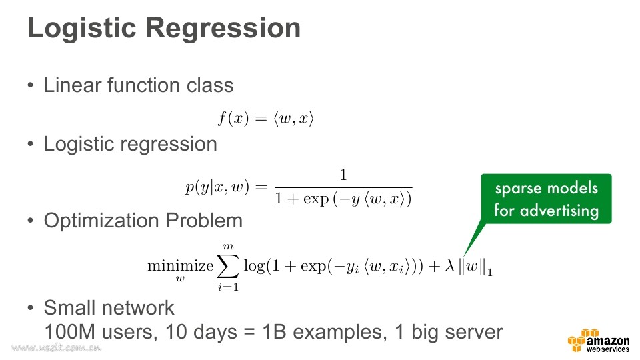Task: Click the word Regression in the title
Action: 223,29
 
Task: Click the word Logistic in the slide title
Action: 81,28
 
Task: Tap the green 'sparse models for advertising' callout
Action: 546,199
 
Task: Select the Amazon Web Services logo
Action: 599,341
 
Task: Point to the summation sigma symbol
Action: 228,267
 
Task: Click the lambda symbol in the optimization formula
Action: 449,266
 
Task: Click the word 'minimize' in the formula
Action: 181,266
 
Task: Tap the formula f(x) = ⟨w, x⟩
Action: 266,119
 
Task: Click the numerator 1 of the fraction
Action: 343,175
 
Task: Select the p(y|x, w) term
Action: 217,187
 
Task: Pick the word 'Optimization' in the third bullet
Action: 101,221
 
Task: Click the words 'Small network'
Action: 109,308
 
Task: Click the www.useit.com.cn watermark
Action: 56,348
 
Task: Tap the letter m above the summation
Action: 228,247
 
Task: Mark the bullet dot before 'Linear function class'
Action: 31,86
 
